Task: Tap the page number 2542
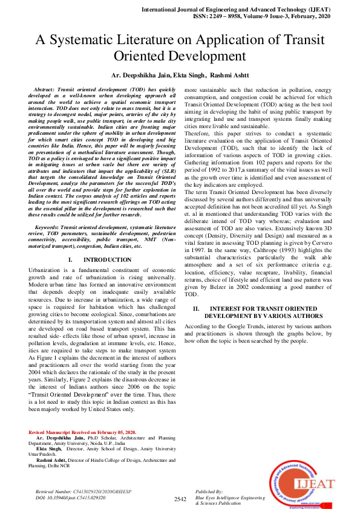(180, 499)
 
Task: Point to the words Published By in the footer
(210, 492)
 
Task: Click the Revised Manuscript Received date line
(82, 432)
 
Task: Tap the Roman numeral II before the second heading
(196, 308)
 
